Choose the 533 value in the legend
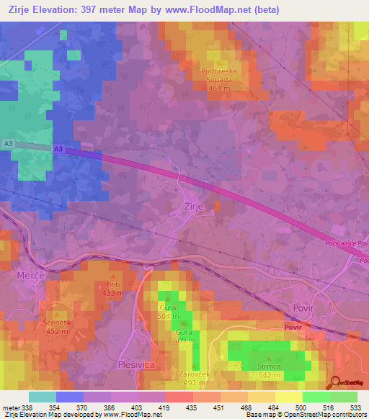point(355,407)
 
